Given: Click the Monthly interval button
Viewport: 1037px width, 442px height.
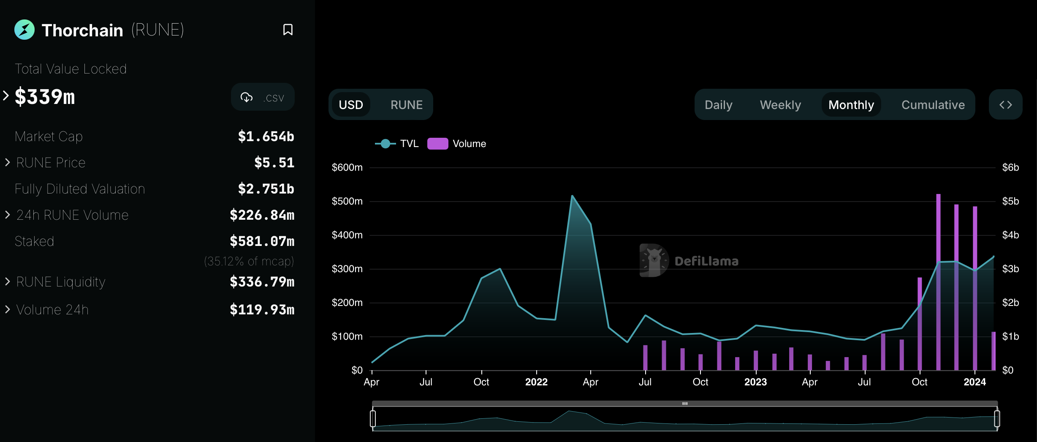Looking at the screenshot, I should pyautogui.click(x=851, y=105).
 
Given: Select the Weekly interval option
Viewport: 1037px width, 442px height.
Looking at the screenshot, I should pyautogui.click(x=780, y=105).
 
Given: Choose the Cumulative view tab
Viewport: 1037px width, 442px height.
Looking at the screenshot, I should pyautogui.click(x=933, y=105).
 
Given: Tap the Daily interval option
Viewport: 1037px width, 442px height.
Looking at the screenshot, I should pyautogui.click(x=718, y=105).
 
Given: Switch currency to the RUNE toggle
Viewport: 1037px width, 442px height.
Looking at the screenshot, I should pyautogui.click(x=406, y=105).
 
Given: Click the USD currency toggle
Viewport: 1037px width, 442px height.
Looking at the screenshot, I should pyautogui.click(x=351, y=105).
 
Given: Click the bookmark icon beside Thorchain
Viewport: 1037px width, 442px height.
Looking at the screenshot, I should pyautogui.click(x=288, y=30).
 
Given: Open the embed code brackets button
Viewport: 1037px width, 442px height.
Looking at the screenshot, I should pyautogui.click(x=1005, y=105).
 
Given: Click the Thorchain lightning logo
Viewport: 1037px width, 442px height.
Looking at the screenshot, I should pyautogui.click(x=24, y=30).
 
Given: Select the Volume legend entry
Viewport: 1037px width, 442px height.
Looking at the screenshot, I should pyautogui.click(x=457, y=144).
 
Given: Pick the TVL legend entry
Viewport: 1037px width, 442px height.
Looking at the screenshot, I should pyautogui.click(x=397, y=144).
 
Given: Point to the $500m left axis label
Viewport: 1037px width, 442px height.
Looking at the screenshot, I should pyautogui.click(x=347, y=201).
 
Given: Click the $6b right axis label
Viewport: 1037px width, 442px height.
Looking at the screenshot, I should pyautogui.click(x=1010, y=167).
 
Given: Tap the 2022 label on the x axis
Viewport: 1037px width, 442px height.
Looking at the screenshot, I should pyautogui.click(x=536, y=382).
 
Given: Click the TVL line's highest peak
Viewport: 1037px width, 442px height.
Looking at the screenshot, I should pyautogui.click(x=572, y=196).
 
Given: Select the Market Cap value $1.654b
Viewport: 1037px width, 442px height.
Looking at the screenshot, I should pyautogui.click(x=266, y=136).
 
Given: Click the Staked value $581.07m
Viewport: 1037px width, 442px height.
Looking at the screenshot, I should pyautogui.click(x=262, y=241).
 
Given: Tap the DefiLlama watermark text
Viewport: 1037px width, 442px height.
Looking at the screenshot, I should pyautogui.click(x=706, y=261).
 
